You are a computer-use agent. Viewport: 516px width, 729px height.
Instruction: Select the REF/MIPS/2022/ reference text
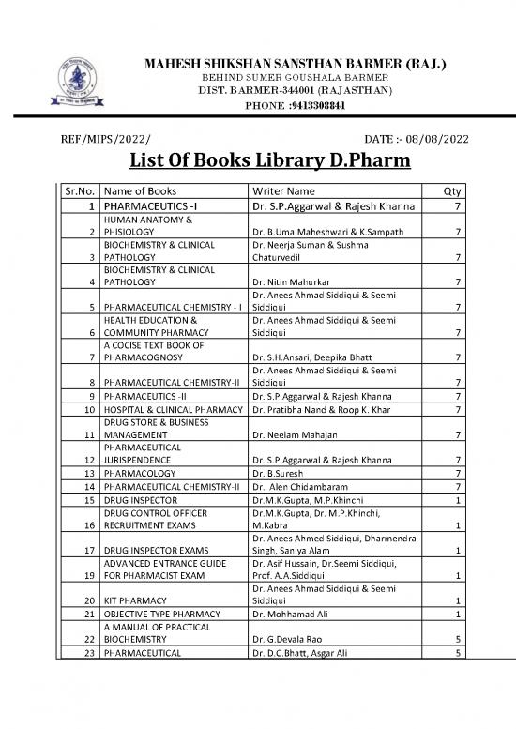tap(104, 140)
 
